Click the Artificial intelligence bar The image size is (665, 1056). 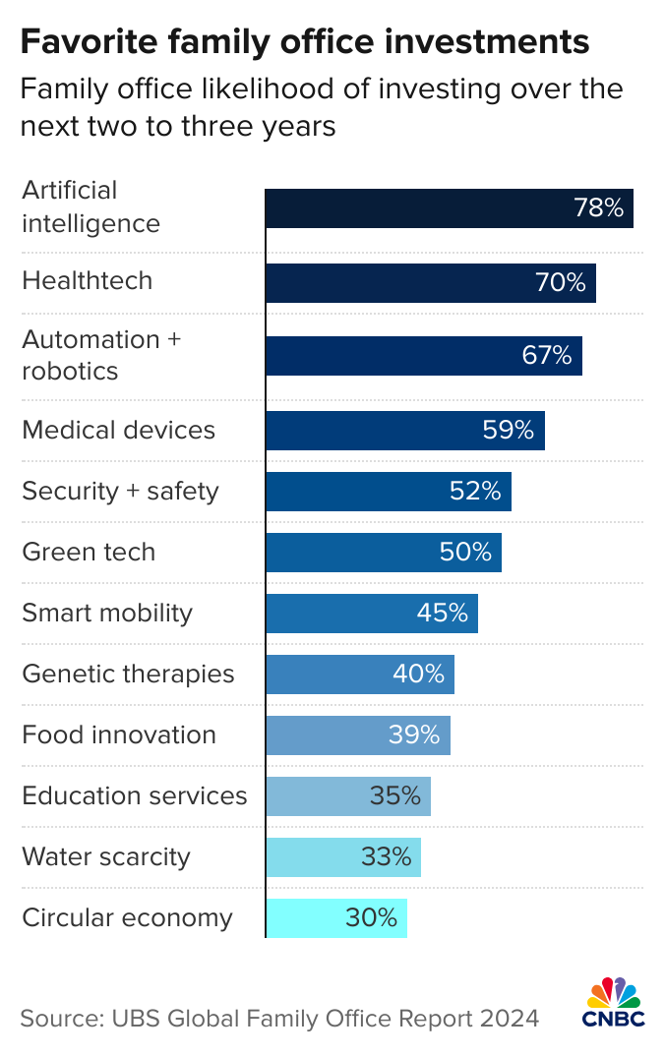pos(449,208)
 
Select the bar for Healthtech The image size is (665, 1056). pos(431,283)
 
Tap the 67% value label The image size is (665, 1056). pos(547,356)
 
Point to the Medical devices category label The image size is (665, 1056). pos(118,431)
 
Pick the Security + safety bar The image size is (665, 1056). pos(388,492)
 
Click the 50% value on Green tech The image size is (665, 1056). pos(465,553)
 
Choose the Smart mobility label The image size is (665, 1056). pos(107,614)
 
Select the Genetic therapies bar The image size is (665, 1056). pos(359,675)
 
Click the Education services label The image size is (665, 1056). pos(135,795)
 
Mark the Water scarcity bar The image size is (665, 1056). pos(342,857)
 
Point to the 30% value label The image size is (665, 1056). pos(371,918)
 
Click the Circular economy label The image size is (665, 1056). pos(127,918)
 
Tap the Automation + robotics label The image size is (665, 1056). pos(101,355)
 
